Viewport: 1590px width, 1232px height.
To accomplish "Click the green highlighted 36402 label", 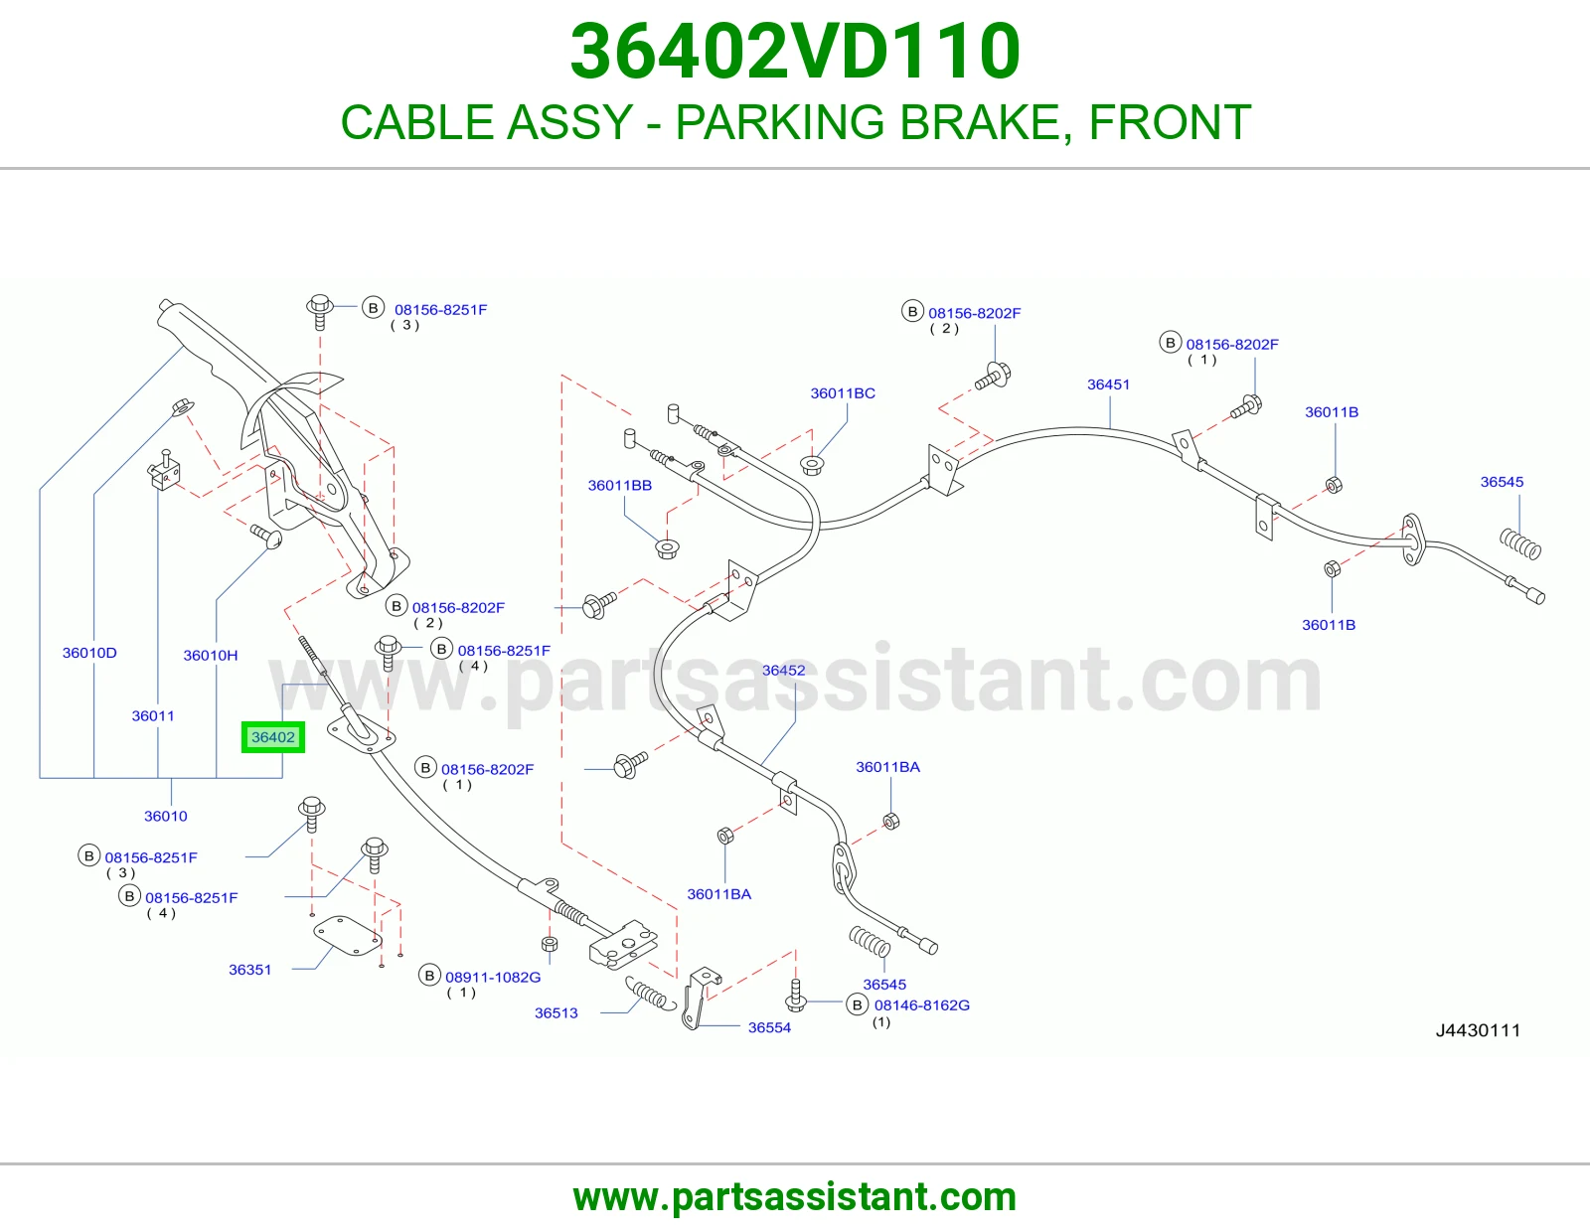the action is (x=273, y=736).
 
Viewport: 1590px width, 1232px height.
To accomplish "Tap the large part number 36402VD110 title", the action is (x=795, y=51).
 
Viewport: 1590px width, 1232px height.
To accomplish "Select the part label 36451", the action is (x=1108, y=385).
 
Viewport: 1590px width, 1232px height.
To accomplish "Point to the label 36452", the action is (x=783, y=670).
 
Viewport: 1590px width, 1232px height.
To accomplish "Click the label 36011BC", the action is (x=842, y=392).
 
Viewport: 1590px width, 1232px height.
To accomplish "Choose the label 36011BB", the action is (x=619, y=485).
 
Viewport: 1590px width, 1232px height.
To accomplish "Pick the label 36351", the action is (x=249, y=970).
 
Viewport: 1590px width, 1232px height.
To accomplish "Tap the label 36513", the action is (x=556, y=1012).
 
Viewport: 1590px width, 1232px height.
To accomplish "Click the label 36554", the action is (x=769, y=1027).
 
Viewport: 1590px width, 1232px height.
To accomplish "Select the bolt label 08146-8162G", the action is (x=922, y=1004).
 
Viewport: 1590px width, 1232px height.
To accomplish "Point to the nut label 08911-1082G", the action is (x=493, y=977).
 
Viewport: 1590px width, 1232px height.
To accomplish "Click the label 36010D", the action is (x=89, y=653).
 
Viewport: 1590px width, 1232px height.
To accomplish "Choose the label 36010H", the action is (x=210, y=656).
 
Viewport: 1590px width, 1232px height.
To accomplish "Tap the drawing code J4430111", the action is (x=1478, y=1030).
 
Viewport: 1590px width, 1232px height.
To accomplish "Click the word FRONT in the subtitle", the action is (x=1170, y=122).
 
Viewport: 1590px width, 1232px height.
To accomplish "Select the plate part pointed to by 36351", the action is (x=348, y=936).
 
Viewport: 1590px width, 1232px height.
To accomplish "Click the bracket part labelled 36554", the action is (x=699, y=998).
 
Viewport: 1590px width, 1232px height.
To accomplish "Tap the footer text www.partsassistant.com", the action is (x=795, y=1197).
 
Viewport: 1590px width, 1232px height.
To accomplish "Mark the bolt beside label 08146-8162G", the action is (x=796, y=997).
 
